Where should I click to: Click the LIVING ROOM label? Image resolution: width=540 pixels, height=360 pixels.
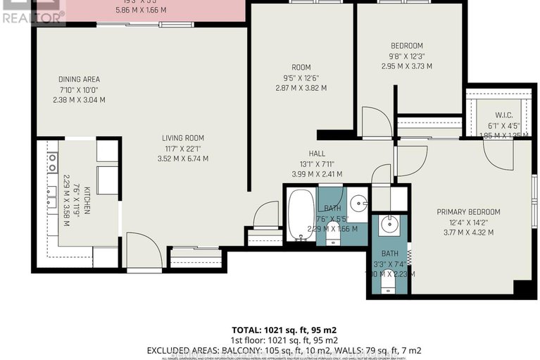185,137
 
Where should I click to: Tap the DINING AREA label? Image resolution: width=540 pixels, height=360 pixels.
79,79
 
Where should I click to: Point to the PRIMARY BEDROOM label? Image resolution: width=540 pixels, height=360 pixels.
468,212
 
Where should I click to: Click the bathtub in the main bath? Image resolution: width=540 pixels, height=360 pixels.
301,213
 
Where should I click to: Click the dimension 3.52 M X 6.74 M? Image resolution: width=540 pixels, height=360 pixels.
185,159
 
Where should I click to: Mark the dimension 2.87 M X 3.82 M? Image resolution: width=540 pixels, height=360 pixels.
301,88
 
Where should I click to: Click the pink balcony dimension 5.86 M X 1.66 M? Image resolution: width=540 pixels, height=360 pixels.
144,11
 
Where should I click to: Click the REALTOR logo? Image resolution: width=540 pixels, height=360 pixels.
32,12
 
